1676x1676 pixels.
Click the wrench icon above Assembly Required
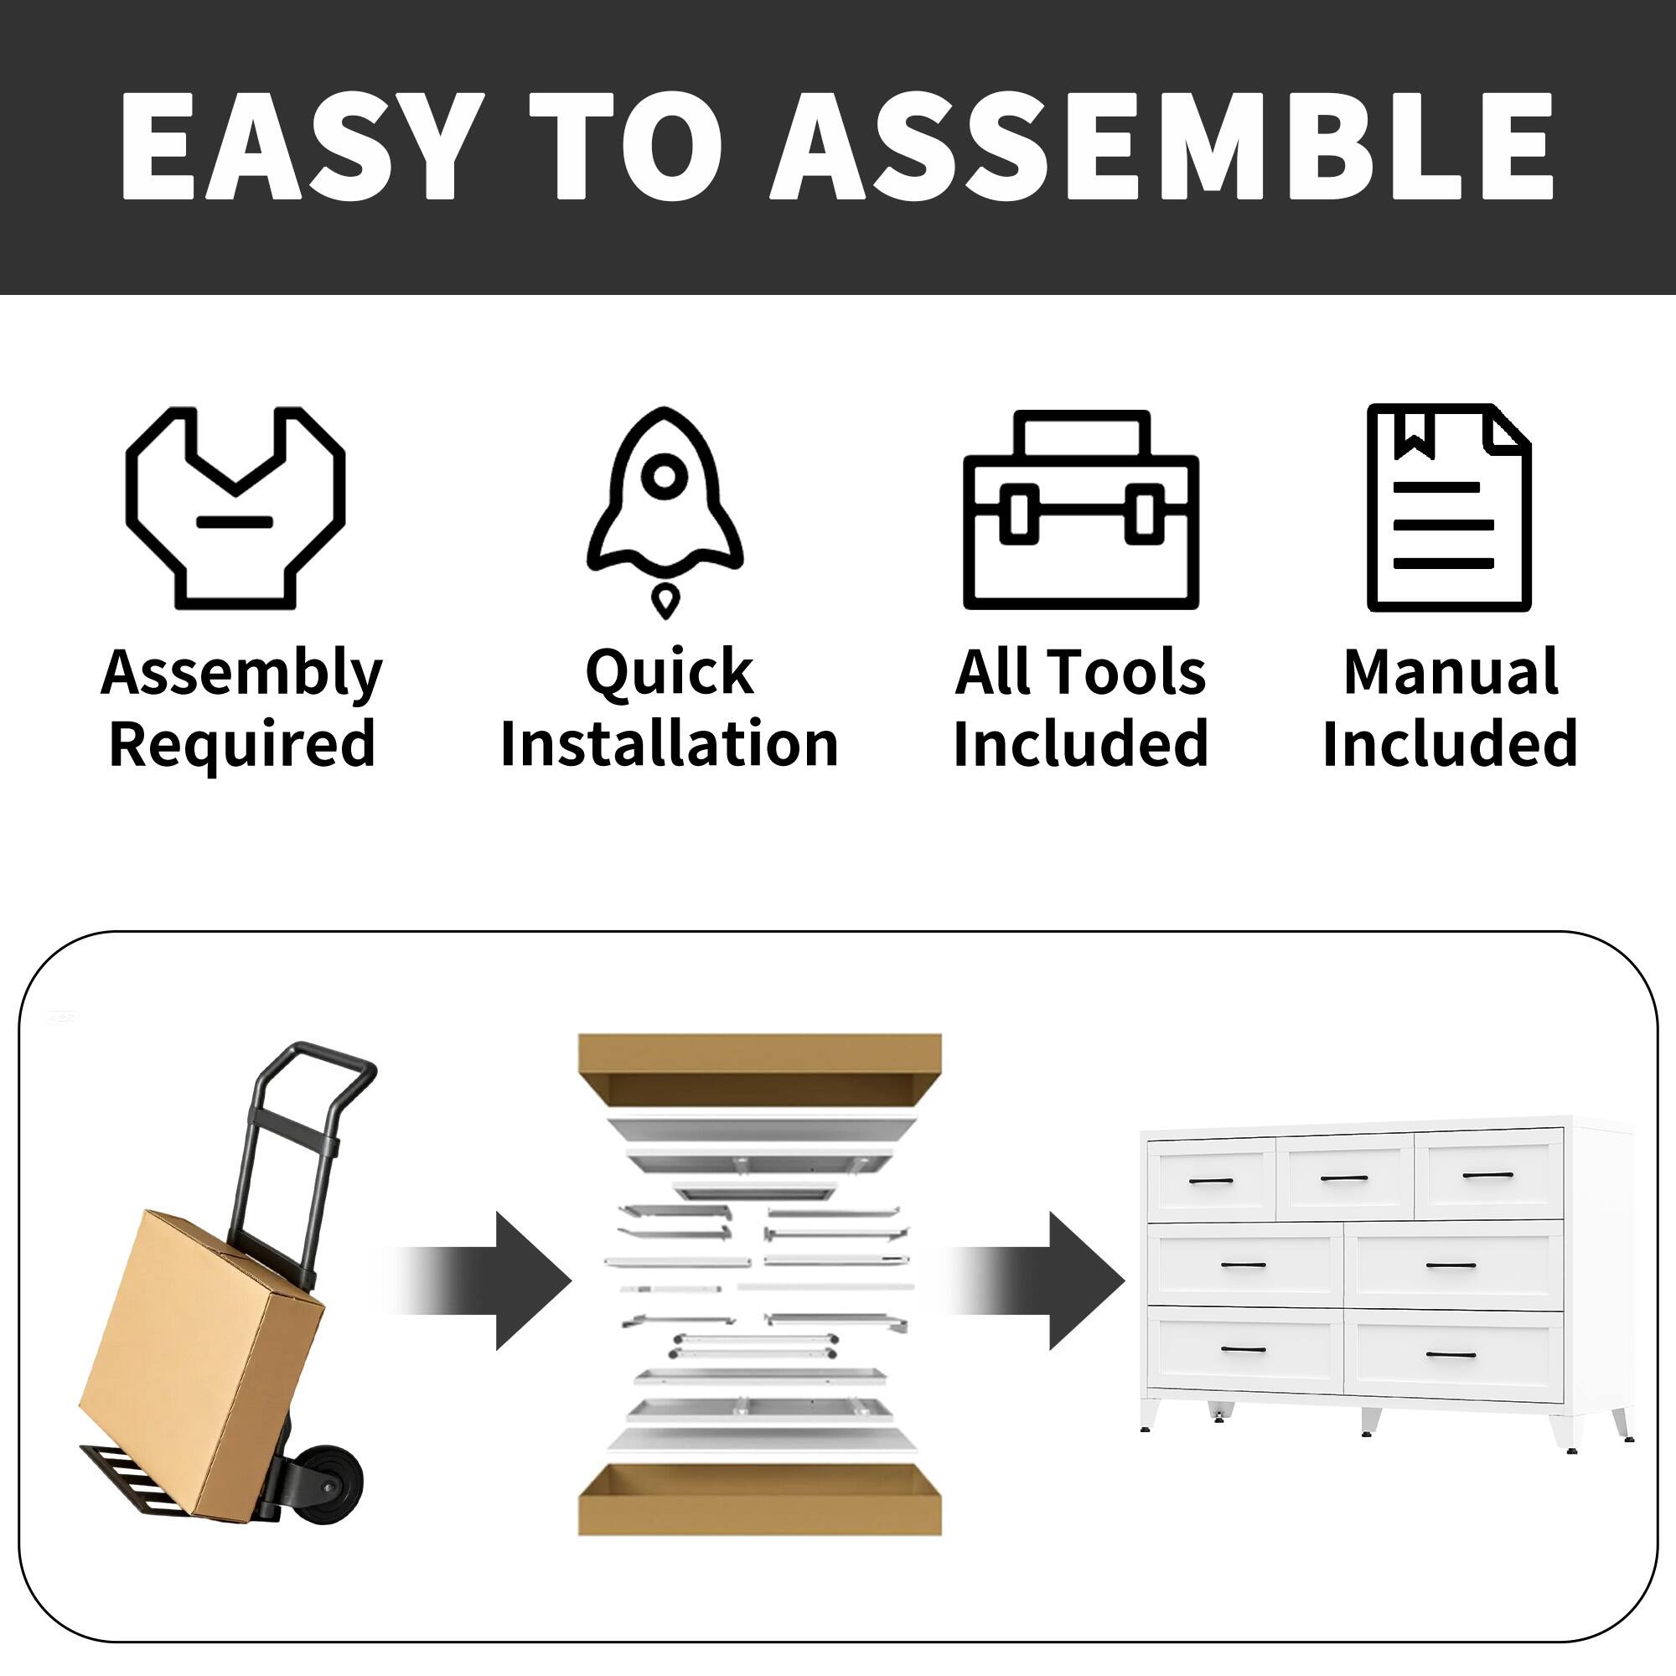click(236, 508)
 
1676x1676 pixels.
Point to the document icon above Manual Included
click(1449, 508)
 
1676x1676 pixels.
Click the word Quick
click(669, 672)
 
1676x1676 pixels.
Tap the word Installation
click(669, 744)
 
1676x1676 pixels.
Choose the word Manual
click(1451, 672)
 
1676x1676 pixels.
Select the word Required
click(241, 744)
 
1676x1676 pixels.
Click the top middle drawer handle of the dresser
click(1344, 1178)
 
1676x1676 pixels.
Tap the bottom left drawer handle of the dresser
click(1243, 1373)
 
